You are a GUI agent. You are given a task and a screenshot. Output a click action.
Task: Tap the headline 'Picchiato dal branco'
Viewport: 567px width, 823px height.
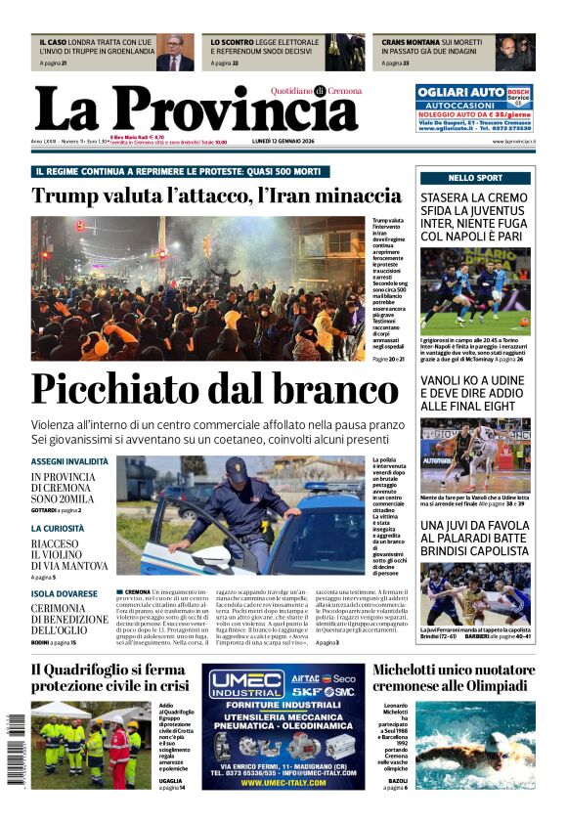(214, 390)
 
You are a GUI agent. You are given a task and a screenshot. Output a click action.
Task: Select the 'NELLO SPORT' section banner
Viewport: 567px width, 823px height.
(476, 178)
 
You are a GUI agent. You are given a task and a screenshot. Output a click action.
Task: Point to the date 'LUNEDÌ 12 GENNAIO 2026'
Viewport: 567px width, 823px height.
(312, 142)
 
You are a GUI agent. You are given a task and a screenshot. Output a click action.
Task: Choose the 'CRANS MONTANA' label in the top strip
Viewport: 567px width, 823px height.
(409, 43)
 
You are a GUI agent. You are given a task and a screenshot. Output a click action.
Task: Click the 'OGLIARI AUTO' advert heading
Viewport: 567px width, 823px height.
(460, 92)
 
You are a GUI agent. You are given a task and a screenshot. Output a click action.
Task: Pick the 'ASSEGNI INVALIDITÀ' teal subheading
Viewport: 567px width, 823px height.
(69, 461)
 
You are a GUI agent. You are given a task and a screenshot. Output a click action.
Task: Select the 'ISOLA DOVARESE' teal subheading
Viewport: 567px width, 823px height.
(64, 593)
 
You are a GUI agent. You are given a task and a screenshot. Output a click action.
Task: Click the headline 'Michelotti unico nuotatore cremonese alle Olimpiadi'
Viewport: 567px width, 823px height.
(454, 677)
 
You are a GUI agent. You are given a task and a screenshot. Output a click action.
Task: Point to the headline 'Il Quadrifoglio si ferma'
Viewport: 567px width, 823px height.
(108, 670)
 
